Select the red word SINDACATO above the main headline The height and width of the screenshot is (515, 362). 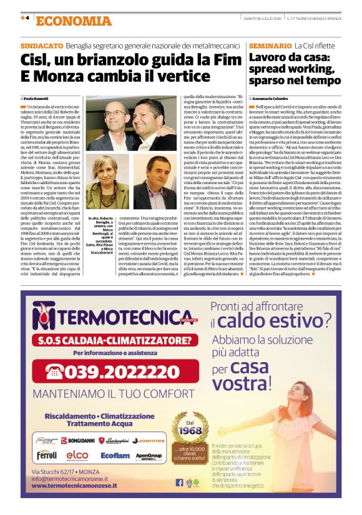point(41,46)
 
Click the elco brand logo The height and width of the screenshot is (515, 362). point(77,454)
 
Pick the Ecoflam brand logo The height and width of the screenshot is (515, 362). point(116,455)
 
